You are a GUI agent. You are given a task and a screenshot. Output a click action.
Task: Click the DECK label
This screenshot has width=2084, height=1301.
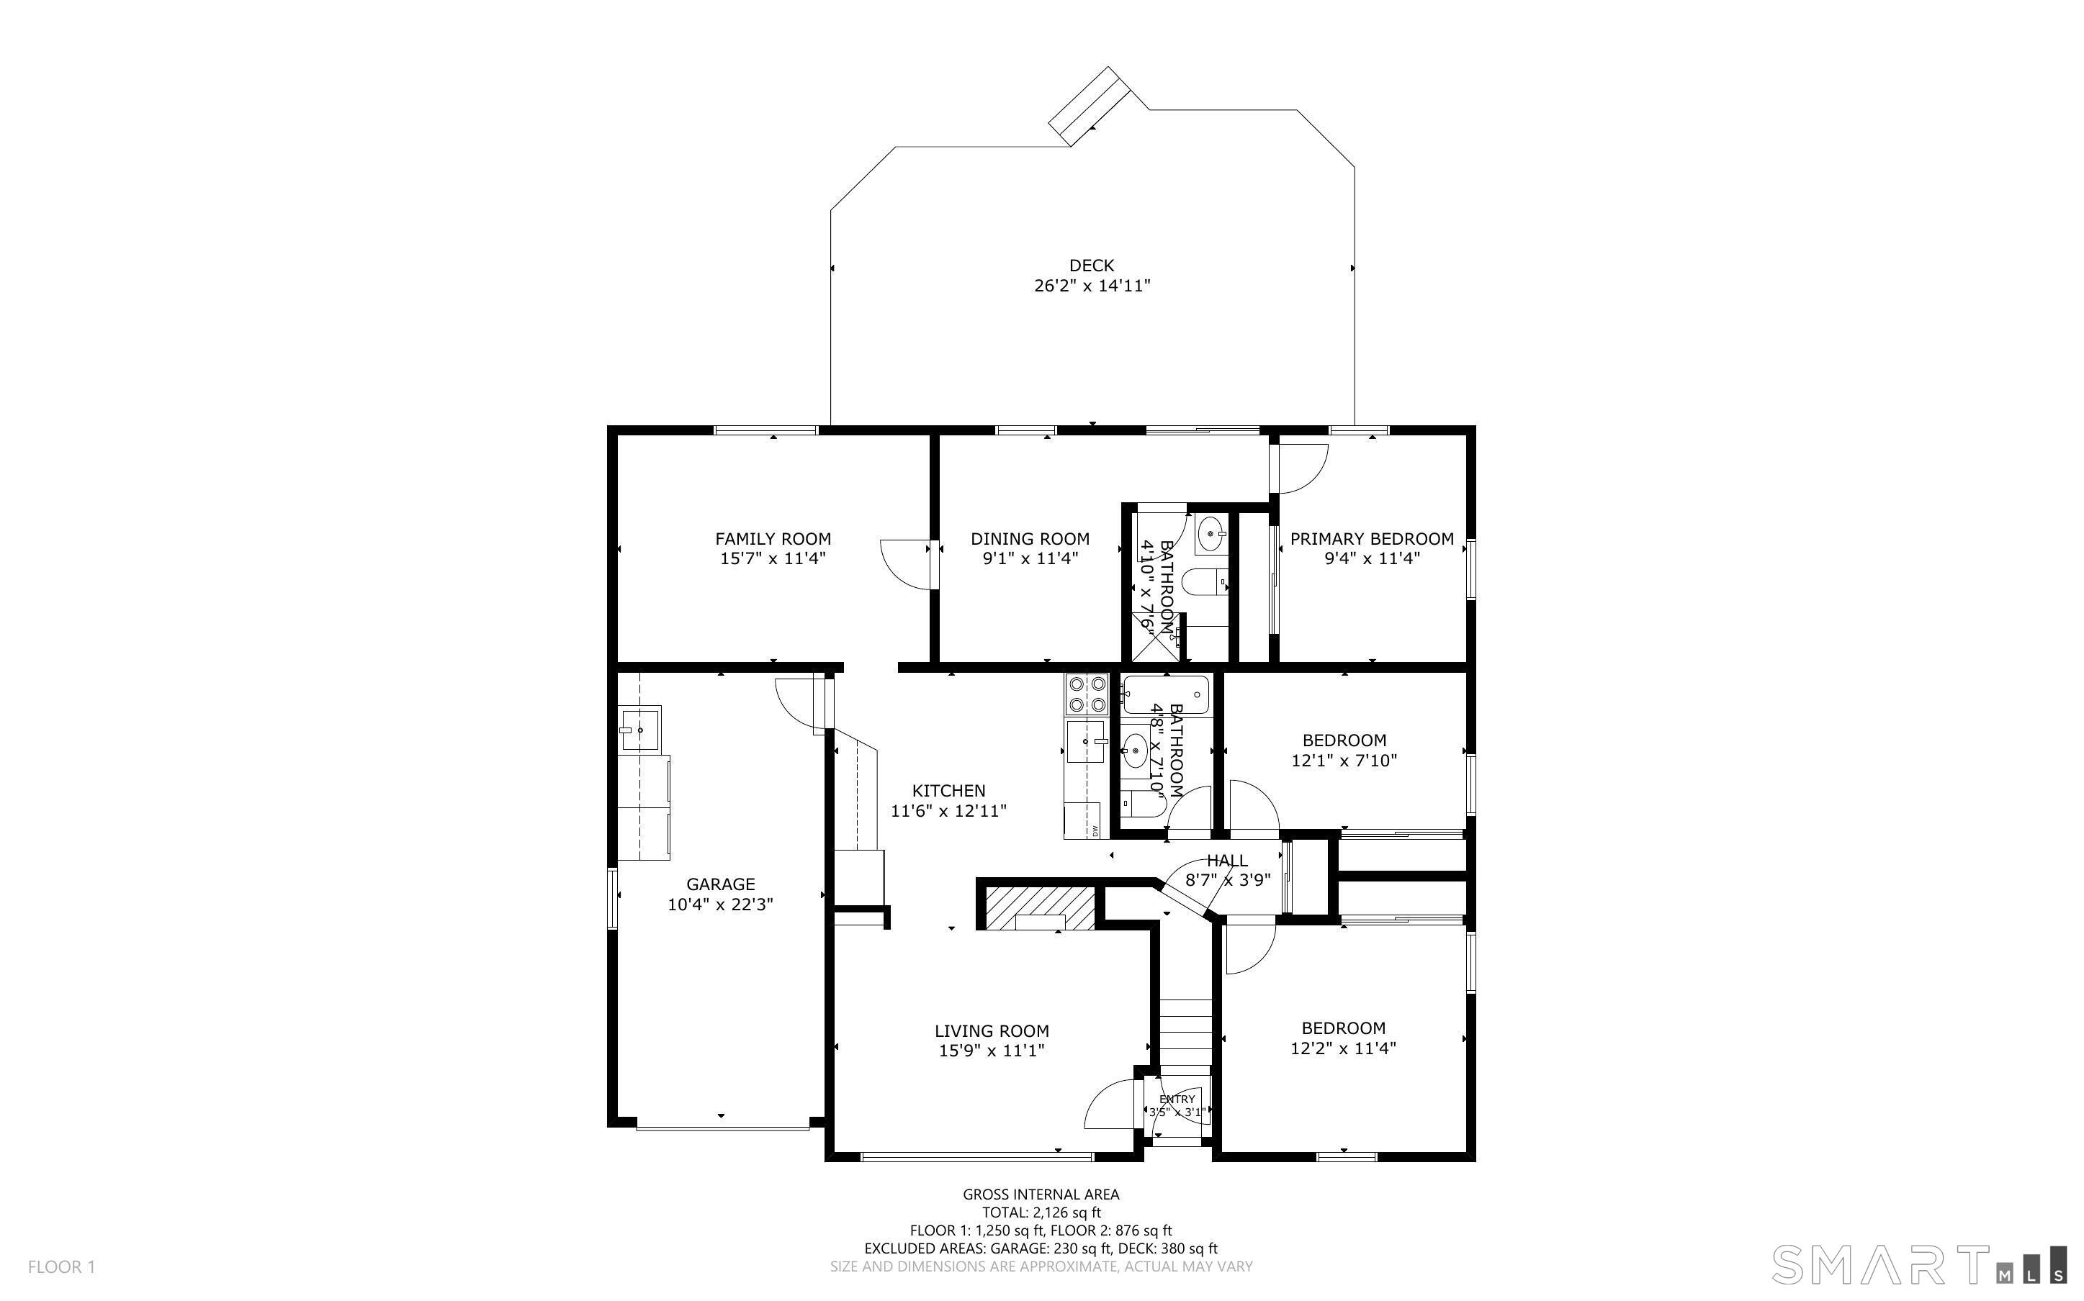tap(1092, 266)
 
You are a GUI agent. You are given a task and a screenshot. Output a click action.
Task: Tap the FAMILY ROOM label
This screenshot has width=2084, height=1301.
tap(773, 539)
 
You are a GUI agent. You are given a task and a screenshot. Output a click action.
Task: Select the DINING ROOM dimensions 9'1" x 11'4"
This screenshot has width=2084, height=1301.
tap(1030, 558)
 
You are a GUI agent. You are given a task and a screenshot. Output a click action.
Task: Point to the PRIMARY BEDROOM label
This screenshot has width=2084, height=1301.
tap(1372, 539)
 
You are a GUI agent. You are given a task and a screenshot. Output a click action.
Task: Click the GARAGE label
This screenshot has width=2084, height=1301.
tap(721, 884)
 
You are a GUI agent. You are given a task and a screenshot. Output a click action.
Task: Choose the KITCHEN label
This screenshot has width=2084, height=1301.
tap(948, 790)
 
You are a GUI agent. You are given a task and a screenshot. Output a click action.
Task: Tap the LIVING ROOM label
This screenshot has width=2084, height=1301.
tap(992, 1031)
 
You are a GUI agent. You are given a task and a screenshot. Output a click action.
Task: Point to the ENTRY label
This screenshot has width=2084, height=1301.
tap(1177, 1100)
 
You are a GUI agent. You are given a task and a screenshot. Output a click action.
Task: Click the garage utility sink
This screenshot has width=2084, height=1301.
tap(639, 730)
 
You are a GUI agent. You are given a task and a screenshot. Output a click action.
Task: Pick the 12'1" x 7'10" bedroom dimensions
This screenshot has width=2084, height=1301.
tap(1344, 761)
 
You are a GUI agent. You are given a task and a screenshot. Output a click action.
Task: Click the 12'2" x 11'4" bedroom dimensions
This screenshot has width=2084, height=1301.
tap(1344, 1048)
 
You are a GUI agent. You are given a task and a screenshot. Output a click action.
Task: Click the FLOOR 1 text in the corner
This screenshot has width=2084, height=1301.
tap(62, 1266)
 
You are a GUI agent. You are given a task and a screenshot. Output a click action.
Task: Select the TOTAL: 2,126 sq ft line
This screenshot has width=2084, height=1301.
tap(1041, 1212)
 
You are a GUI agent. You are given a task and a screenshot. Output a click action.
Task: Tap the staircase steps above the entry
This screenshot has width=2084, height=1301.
tap(1185, 1037)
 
